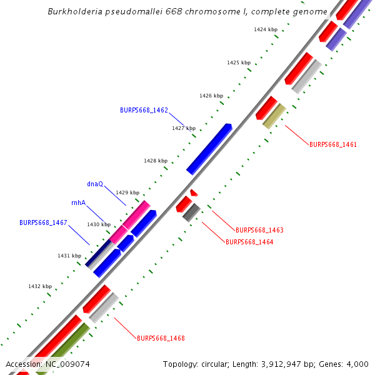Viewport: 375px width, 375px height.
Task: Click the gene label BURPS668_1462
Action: [x=144, y=109]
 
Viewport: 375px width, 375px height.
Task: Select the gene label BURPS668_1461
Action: [x=333, y=144]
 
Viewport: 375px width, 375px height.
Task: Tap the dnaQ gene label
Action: [x=95, y=184]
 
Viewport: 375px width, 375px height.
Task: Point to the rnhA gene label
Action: [x=79, y=202]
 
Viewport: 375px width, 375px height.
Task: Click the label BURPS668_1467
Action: [x=43, y=222]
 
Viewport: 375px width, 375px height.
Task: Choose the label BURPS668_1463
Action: [x=259, y=230]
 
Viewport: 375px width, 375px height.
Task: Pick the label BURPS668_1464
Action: [x=249, y=242]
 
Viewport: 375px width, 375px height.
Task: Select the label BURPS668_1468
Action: [x=161, y=338]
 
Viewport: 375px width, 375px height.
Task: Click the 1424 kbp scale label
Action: [x=266, y=29]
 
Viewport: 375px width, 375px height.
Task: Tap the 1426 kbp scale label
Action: [x=211, y=96]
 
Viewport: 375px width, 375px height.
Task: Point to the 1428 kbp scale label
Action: [x=156, y=161]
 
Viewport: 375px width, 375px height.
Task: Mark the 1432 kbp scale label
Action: [x=40, y=286]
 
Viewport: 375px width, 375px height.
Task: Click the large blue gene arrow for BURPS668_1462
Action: [x=209, y=149]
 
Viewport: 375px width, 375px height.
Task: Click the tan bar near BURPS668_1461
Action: [x=274, y=116]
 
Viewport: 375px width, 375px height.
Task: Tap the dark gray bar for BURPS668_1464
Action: [x=191, y=212]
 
